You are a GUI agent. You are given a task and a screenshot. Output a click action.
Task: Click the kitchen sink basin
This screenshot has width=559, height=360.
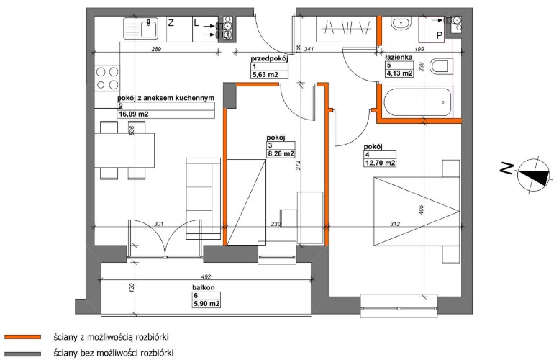150,28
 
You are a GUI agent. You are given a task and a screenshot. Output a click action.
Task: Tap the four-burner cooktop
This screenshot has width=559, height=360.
107,78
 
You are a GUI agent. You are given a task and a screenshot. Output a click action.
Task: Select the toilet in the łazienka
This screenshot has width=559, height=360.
439,67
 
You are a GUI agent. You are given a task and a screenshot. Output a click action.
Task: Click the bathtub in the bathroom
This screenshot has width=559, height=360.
417,102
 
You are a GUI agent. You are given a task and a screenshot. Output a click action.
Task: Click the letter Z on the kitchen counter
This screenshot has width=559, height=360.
171,24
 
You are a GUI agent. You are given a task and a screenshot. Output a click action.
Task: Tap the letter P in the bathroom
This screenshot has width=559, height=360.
439,35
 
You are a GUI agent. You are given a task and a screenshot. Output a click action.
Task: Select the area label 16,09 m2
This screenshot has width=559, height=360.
133,114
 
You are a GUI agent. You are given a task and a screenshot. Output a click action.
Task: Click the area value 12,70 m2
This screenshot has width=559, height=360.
380,163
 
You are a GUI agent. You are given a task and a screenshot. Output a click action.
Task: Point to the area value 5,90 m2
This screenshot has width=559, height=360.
206,304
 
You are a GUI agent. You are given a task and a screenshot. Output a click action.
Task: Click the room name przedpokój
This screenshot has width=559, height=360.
269,58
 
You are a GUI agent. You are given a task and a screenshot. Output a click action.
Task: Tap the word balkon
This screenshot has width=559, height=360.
204,287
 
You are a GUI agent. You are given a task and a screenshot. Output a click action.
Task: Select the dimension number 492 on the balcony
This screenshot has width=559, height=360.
206,276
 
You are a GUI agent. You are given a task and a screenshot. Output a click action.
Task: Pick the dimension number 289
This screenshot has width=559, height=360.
156,49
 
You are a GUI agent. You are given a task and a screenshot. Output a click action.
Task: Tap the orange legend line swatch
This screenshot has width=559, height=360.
23,337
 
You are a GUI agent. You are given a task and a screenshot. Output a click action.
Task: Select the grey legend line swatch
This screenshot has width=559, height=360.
23,354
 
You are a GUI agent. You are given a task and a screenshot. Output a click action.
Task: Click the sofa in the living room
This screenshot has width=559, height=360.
203,199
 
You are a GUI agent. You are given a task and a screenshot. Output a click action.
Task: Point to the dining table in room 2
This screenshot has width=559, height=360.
124,150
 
